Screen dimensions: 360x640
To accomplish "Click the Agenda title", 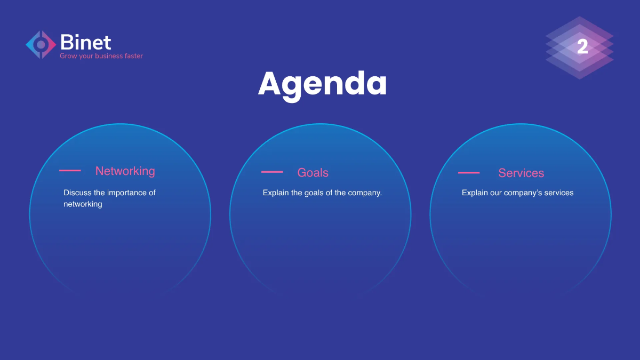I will pos(322,84).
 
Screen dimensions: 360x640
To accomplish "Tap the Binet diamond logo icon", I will pos(41,45).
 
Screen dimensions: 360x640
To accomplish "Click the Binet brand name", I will pos(85,42).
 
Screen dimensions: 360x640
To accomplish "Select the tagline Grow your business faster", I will pos(101,56).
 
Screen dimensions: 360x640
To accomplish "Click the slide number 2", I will pos(582,47).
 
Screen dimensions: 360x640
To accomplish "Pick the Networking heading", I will pos(125,171).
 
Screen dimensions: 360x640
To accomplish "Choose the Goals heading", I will pos(313,173).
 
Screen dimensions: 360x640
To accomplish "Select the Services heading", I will pos(521,173).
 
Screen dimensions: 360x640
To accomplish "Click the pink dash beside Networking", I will pos(70,171).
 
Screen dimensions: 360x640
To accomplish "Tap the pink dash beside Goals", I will pos(272,172).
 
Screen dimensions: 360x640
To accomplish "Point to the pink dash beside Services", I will pos(469,173).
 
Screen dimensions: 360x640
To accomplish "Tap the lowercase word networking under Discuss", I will pos(83,204).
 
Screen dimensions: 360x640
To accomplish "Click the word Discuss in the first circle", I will pos(77,193).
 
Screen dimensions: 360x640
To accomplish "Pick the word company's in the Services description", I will pos(523,193).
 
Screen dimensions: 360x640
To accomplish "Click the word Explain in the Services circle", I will pos(475,193).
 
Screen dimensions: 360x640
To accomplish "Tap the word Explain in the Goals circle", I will pos(276,193).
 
